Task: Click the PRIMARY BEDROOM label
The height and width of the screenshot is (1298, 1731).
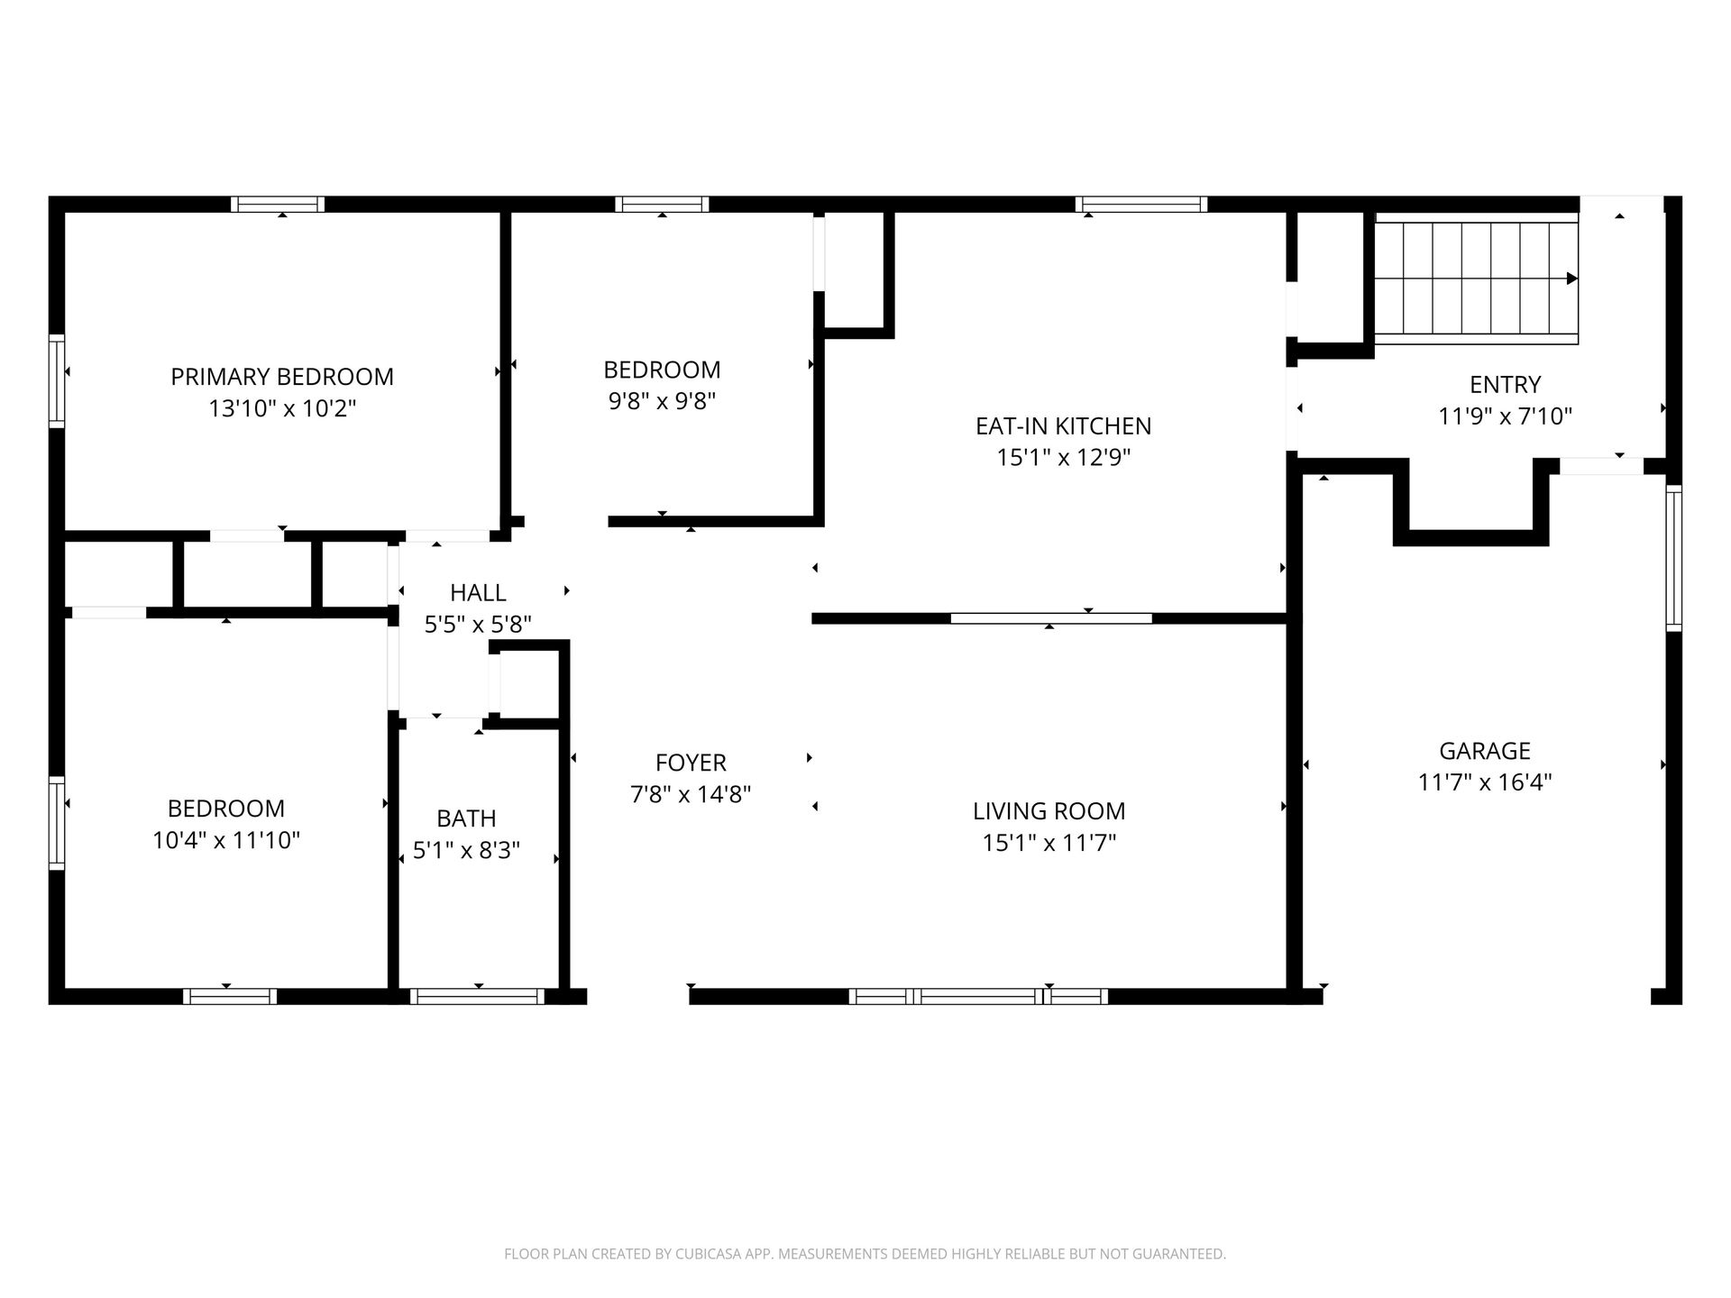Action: [282, 377]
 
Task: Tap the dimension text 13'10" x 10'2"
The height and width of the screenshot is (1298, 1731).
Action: [282, 408]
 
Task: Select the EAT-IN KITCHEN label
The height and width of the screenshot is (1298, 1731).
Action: [1064, 425]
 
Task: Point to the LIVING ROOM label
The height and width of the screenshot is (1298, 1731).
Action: [1049, 811]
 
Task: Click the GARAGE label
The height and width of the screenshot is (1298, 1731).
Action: [1485, 751]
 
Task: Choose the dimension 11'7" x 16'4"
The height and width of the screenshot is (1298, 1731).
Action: [1485, 782]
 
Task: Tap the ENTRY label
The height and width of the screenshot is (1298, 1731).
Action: [1505, 385]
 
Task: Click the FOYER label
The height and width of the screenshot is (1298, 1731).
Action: [691, 763]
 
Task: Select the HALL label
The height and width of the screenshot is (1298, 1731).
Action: [478, 592]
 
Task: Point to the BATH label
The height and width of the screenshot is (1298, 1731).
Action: [466, 818]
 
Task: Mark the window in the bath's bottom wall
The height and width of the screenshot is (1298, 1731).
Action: [477, 996]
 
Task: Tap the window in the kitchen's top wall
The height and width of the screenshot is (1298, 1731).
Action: [1140, 205]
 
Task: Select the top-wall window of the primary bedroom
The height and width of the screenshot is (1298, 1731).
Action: [277, 205]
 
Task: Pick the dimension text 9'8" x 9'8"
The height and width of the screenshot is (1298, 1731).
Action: [662, 401]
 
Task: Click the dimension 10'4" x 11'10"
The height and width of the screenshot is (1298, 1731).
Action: [226, 840]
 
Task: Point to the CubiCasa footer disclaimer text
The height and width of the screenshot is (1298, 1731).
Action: [865, 1254]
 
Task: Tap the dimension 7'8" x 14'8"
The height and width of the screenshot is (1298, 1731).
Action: [691, 794]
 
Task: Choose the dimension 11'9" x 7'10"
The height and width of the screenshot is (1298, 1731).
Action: [1505, 416]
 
